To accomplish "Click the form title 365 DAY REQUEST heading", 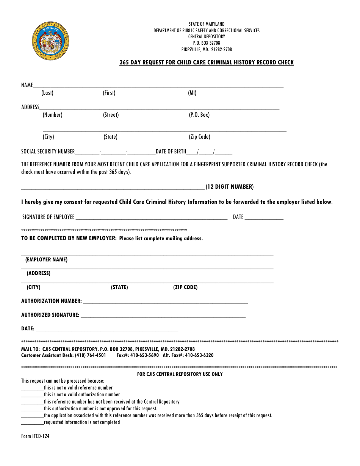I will click(x=207, y=63).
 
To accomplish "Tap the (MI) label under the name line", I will click(x=192, y=93).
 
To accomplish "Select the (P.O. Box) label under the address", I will click(x=199, y=115).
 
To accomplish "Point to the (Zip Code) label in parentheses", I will click(x=199, y=137).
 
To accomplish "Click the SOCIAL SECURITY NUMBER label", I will click(x=48, y=152).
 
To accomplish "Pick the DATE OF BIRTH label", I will click(x=171, y=152).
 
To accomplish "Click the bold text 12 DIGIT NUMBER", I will click(x=229, y=187).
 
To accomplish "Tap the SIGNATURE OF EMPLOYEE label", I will click(x=49, y=217).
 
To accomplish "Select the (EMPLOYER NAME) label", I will click(x=46, y=260).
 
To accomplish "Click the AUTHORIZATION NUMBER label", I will click(x=52, y=301).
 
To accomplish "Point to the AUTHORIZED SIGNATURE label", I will click(x=50, y=315).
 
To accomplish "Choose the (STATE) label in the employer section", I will click(x=119, y=288).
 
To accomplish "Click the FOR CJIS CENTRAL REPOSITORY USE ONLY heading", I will click(x=180, y=374).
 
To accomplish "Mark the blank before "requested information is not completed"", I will click(x=32, y=422).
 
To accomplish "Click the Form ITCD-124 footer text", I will click(x=35, y=436).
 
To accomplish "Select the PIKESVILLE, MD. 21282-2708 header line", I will click(x=207, y=50).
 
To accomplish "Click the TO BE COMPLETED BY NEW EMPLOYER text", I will click(x=69, y=239).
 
